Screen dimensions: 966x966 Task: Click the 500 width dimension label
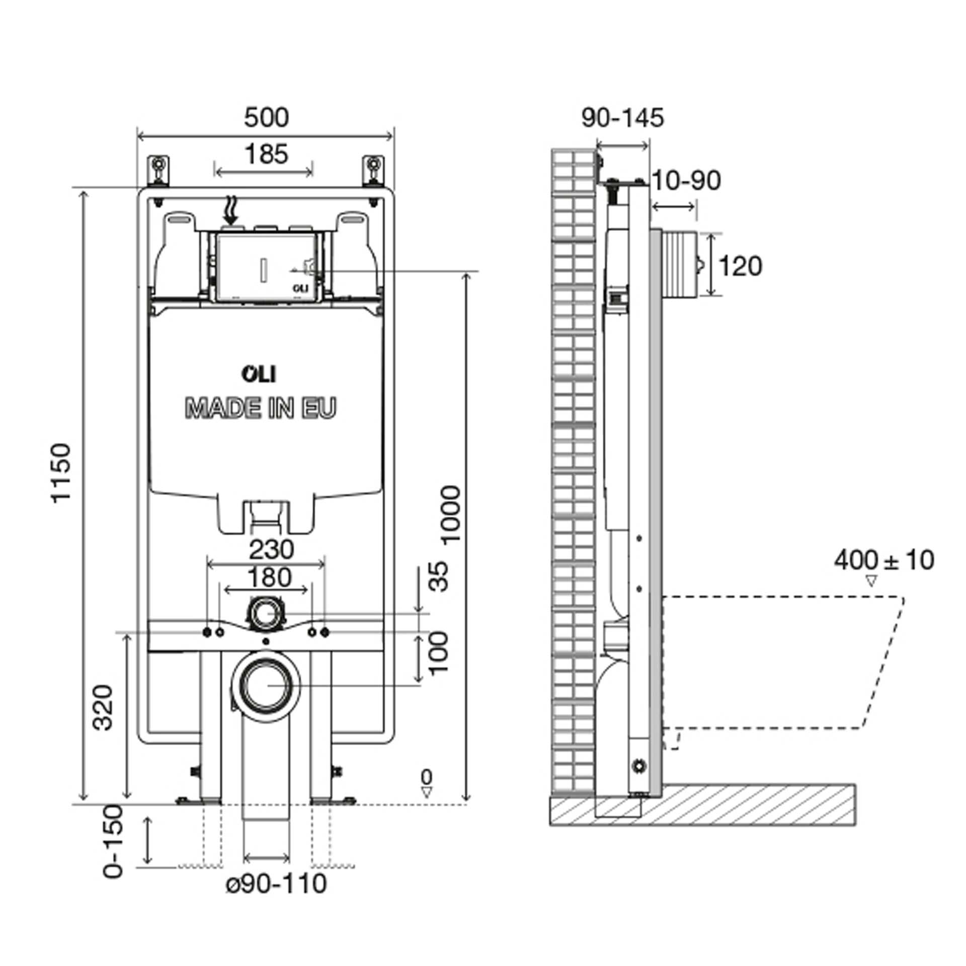266,118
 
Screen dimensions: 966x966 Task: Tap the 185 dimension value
266,153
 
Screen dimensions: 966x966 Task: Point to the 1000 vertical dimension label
451,514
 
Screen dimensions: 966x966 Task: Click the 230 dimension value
271,549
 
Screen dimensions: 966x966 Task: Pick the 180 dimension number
270,577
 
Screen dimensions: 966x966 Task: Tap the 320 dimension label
104,707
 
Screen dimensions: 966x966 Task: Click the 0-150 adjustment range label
113,848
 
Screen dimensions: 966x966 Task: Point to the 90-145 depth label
623,118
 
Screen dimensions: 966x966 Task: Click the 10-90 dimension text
686,181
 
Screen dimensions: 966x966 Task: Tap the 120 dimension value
740,266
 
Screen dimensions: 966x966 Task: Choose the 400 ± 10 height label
884,560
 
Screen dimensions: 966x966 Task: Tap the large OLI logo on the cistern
260,374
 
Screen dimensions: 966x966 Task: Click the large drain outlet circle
266,686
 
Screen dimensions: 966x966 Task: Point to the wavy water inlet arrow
231,210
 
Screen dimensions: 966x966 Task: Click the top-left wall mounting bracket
159,171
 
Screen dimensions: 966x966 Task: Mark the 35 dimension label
439,577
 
